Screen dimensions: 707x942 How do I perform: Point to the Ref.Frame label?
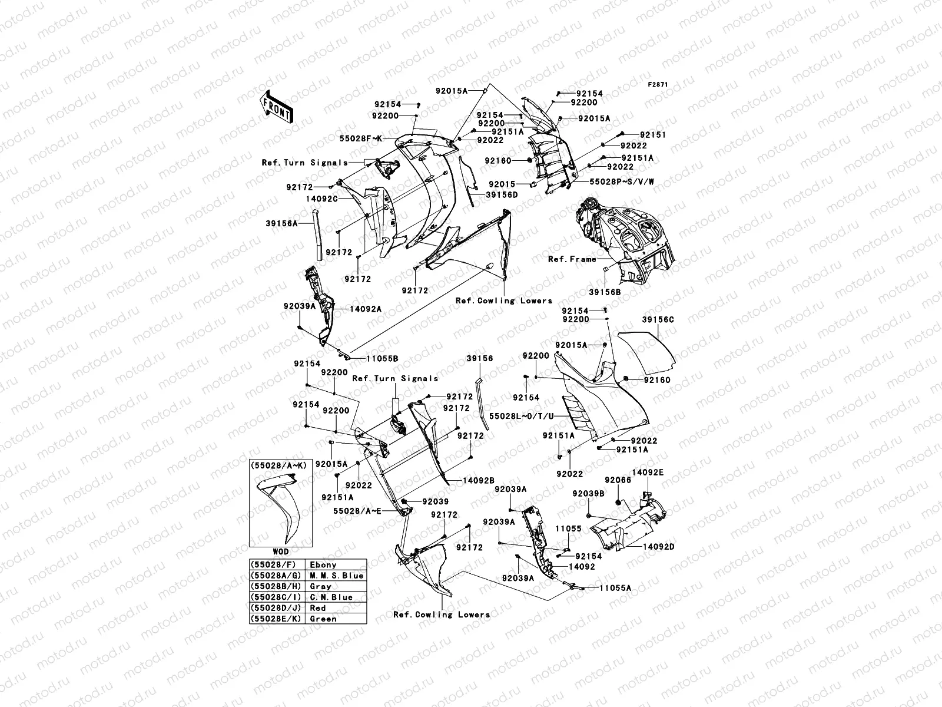572,259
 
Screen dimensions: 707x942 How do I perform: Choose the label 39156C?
658,320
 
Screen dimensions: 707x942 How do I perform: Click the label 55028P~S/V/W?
614,183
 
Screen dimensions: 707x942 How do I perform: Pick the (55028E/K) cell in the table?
276,619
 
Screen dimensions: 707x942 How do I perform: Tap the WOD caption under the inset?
280,552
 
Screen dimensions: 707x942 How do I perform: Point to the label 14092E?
648,473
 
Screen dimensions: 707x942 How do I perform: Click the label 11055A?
615,587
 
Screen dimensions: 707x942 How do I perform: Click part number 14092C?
321,199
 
